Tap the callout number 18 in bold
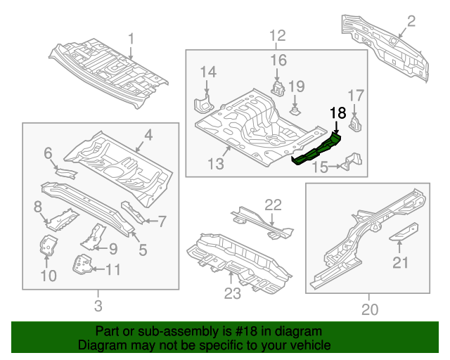tap(338, 112)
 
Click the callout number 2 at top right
tap(411, 22)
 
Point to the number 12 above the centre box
tap(277, 35)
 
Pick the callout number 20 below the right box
tap(368, 309)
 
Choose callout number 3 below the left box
tap(98, 305)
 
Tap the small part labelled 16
tap(278, 89)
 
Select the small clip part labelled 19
tap(296, 110)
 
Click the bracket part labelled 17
tap(354, 124)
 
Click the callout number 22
tap(273, 205)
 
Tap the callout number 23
tap(233, 292)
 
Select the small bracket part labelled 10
tap(47, 247)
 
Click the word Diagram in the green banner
tap(102, 346)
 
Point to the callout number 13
tap(215, 165)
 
